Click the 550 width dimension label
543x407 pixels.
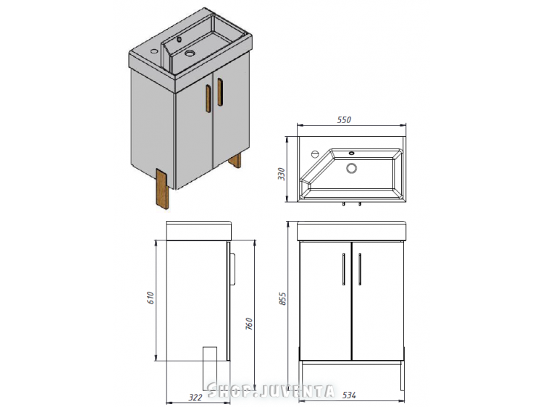pos(344,119)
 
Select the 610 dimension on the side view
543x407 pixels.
pos(151,298)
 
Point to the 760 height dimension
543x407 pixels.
pos(249,324)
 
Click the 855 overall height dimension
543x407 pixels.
pos(282,298)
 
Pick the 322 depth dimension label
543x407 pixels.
pos(195,397)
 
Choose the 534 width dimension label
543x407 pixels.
pos(349,395)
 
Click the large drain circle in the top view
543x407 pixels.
pos(351,168)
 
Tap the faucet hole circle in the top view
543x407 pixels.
pos(315,154)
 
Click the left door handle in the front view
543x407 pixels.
pos(343,269)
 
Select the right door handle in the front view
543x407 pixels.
pos(360,269)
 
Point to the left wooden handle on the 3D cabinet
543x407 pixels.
pos(208,98)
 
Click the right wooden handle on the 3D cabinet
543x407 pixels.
pos(220,92)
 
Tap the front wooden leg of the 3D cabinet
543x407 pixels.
pos(162,189)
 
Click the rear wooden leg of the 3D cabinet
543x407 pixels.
pos(235,161)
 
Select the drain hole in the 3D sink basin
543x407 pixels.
pos(190,54)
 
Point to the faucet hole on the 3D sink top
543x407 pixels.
pos(153,52)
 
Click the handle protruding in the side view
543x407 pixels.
pos(233,269)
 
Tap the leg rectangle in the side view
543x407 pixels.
pos(209,368)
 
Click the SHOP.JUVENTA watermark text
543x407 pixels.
pos(271,391)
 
